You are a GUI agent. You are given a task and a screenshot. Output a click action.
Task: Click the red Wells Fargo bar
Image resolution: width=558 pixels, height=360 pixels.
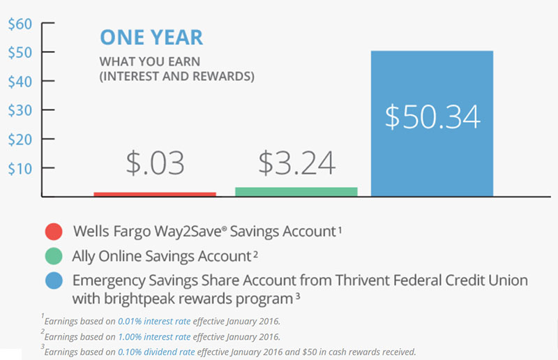point(155,194)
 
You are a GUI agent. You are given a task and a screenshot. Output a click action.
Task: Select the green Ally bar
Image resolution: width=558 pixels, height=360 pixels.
point(296,192)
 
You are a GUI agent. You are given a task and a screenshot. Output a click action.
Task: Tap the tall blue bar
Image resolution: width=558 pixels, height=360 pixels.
point(432,123)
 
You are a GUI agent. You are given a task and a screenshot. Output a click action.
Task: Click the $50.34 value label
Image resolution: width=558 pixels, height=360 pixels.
point(432,117)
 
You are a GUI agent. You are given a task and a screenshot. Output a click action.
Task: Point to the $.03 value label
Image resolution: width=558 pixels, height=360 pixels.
point(155,163)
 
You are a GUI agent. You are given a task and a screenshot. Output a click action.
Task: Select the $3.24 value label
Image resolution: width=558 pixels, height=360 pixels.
point(297,163)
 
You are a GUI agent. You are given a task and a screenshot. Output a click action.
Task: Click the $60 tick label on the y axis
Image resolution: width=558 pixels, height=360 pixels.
point(20,24)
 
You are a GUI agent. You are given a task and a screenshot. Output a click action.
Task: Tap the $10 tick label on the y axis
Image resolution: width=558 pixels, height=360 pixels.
point(20,169)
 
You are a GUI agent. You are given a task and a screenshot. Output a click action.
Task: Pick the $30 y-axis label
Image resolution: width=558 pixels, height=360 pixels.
point(20,110)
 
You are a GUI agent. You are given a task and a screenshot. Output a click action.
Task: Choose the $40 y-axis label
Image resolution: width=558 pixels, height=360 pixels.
point(20,82)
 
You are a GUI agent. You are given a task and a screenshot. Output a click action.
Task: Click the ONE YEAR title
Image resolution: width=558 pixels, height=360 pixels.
point(151,38)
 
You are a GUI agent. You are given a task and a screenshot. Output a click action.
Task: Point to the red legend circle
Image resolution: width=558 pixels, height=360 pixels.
point(54,232)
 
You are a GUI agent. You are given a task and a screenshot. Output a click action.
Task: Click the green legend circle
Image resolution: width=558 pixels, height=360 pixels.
point(54,256)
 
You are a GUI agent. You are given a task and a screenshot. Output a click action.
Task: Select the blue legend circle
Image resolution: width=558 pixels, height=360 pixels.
point(54,281)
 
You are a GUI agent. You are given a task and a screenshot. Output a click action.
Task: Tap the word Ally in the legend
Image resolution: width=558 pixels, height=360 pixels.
point(84,256)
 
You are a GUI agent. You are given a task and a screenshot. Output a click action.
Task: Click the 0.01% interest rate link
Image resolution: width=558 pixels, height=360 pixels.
point(154,321)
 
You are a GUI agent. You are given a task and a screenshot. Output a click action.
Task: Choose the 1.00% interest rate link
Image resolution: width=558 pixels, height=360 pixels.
point(154,337)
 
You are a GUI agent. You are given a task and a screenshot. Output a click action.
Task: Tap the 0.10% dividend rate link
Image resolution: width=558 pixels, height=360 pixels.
point(156,352)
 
